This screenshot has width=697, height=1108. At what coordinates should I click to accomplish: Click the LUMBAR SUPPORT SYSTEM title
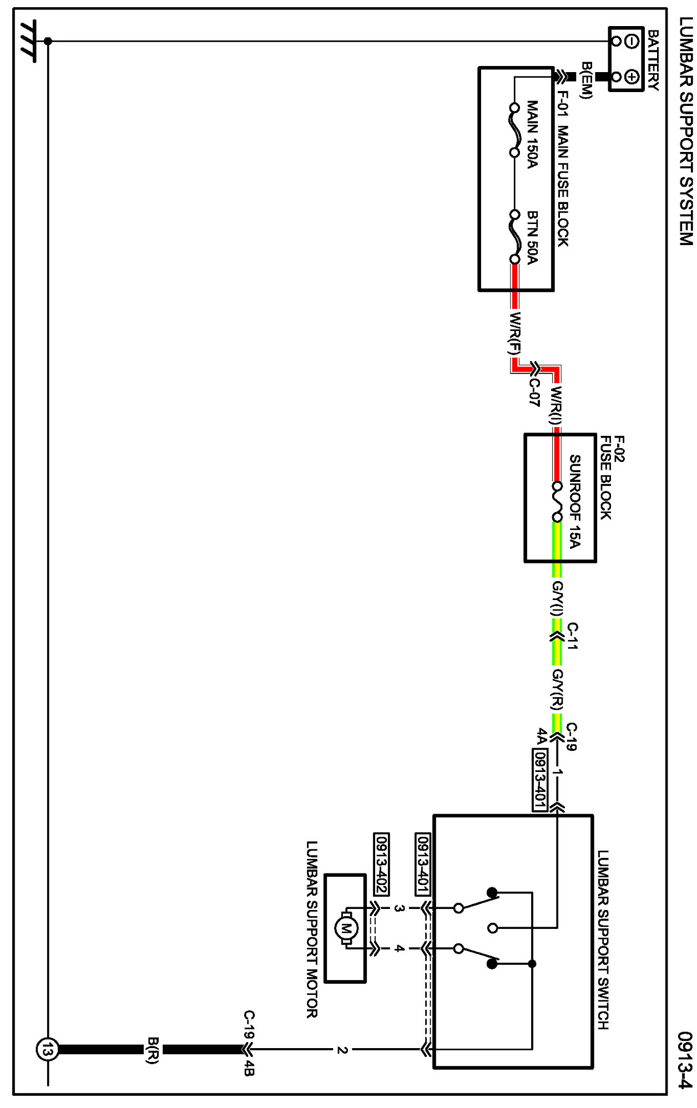pyautogui.click(x=686, y=131)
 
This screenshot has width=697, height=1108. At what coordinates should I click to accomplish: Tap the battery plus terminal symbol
pyautogui.click(x=632, y=77)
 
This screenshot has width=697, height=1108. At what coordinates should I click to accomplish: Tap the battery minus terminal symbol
pyautogui.click(x=632, y=41)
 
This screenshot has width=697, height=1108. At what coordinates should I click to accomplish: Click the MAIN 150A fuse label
pyautogui.click(x=532, y=134)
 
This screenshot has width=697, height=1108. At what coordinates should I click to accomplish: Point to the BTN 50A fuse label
pyautogui.click(x=532, y=237)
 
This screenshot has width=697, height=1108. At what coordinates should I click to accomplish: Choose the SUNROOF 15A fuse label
pyautogui.click(x=575, y=501)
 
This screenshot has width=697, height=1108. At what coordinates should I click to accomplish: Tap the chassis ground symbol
pyautogui.click(x=28, y=41)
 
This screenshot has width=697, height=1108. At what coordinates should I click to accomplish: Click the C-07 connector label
pyautogui.click(x=534, y=392)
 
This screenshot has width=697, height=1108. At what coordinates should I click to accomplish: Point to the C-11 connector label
pyautogui.click(x=573, y=636)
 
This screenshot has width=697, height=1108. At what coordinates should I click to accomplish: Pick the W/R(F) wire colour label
pyautogui.click(x=516, y=333)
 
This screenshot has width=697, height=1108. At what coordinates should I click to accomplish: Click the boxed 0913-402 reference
pyautogui.click(x=381, y=863)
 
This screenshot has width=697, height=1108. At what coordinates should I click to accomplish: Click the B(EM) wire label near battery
pyautogui.click(x=587, y=80)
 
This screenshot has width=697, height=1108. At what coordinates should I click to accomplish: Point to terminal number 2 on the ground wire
pyautogui.click(x=342, y=1050)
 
